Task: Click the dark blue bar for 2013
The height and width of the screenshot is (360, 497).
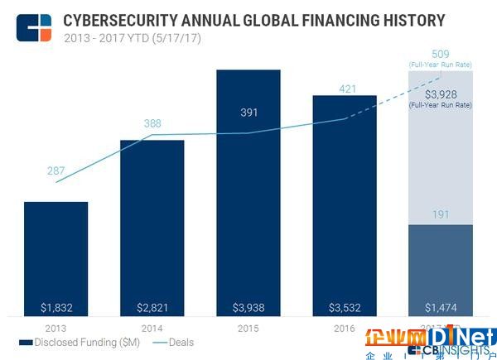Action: pyautogui.click(x=55, y=257)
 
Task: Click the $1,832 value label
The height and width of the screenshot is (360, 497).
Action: pyautogui.click(x=55, y=307)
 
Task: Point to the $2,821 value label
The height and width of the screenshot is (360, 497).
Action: pyautogui.click(x=152, y=307)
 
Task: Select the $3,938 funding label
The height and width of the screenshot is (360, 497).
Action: pyautogui.click(x=248, y=307)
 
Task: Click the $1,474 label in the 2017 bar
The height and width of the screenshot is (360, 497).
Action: pyautogui.click(x=440, y=307)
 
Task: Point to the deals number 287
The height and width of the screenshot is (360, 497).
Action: pyautogui.click(x=55, y=170)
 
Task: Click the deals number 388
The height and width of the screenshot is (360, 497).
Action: pyautogui.click(x=152, y=124)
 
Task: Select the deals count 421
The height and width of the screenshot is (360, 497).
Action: pyautogui.click(x=345, y=89)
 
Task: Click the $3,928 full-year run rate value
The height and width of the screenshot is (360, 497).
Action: pyautogui.click(x=440, y=94)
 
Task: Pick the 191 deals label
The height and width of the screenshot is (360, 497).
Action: pyautogui.click(x=440, y=214)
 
